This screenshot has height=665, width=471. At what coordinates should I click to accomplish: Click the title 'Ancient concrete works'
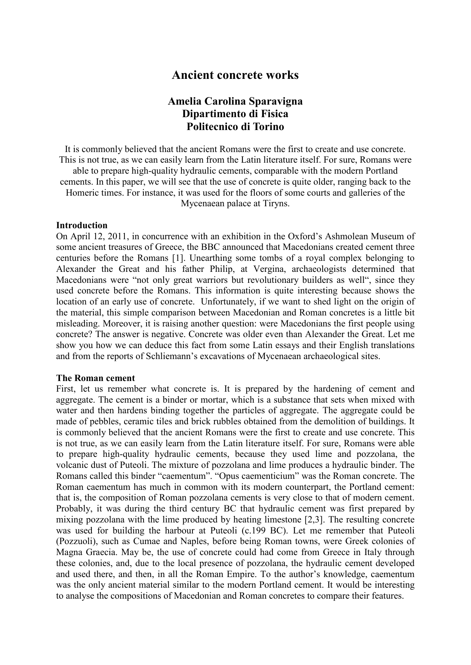pyautogui.click(x=235, y=75)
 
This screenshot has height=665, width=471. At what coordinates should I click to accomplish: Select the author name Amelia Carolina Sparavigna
pyautogui.click(x=235, y=102)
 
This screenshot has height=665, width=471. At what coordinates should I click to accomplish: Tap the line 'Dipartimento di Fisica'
pyautogui.click(x=235, y=114)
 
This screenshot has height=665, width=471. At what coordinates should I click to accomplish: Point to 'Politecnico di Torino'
pyautogui.click(x=235, y=127)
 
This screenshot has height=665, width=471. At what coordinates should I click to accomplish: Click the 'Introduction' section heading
pyautogui.click(x=82, y=226)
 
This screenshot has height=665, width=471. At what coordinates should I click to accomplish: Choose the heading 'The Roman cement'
pyautogui.click(x=95, y=378)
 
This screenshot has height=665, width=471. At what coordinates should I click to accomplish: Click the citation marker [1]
pyautogui.click(x=176, y=258)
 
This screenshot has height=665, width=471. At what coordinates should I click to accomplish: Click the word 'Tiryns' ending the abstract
pyautogui.click(x=277, y=204)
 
